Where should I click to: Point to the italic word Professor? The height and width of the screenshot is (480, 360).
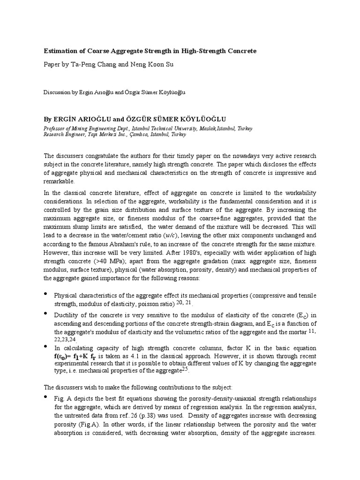[x=56, y=128]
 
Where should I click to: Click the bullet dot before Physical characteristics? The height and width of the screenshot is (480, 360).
[x=45, y=294]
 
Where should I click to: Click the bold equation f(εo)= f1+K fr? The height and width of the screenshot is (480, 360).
[x=80, y=356]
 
